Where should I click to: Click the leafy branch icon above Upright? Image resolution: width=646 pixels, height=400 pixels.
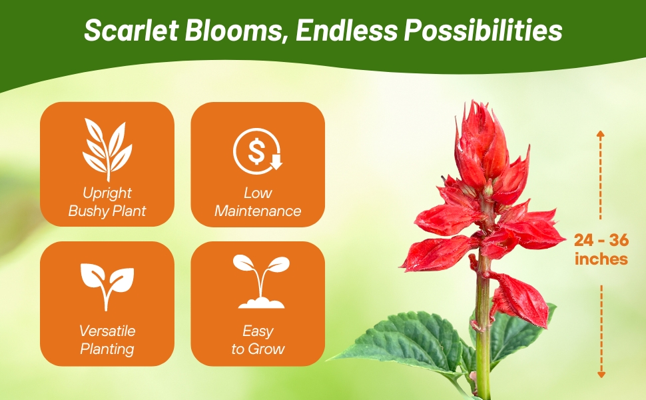point(107,149)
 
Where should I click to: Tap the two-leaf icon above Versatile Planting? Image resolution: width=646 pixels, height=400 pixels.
point(107,285)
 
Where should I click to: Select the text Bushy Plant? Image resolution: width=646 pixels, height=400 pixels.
point(107,211)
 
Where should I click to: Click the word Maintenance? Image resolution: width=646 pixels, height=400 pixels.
point(258,211)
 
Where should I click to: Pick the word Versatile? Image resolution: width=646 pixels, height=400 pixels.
point(107,331)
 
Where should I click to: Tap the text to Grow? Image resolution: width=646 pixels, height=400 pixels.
point(258,349)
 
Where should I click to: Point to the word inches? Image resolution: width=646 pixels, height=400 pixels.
point(601,259)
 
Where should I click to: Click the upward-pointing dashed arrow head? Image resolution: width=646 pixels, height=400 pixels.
point(600,134)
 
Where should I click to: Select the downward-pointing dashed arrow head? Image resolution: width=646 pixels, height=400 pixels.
point(601,375)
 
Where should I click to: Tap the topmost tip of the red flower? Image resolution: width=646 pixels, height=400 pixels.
point(475,103)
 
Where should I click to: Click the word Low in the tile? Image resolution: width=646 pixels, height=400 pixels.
point(258,193)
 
